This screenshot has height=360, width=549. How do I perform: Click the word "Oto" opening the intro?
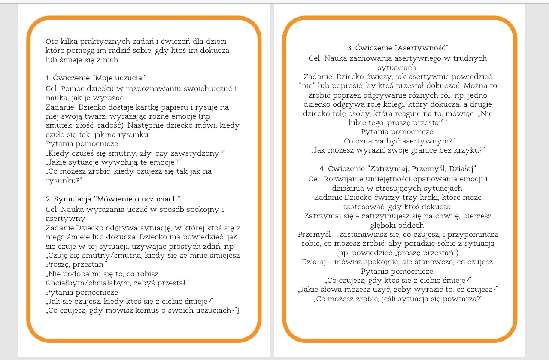point(52,42)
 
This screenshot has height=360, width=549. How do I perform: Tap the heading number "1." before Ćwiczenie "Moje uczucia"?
point(48,78)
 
